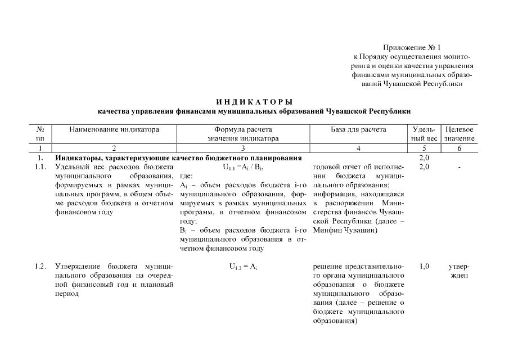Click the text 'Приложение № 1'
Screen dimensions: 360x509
pyautogui.click(x=412, y=48)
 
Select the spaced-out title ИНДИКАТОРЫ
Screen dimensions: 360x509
pyautogui.click(x=254, y=102)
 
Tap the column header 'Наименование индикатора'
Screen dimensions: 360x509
pyautogui.click(x=114, y=129)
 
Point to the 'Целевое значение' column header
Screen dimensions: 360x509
pyautogui.click(x=459, y=134)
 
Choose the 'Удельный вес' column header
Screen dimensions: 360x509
pyautogui.click(x=424, y=134)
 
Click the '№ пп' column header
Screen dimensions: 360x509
pyautogui.click(x=40, y=134)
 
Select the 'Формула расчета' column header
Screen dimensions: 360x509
pyautogui.click(x=243, y=129)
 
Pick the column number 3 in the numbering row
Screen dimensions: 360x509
pyautogui.click(x=243, y=147)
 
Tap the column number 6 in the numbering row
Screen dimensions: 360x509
pyautogui.click(x=459, y=147)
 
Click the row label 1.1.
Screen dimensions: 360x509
pyautogui.click(x=40, y=167)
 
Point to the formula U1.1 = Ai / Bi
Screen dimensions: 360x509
pyautogui.click(x=243, y=167)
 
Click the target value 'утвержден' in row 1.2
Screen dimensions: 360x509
pyautogui.click(x=460, y=271)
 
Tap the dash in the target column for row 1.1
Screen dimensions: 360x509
pyautogui.click(x=460, y=167)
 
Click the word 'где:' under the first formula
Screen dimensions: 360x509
pyautogui.click(x=186, y=176)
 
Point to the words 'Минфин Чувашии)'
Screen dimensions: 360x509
pyautogui.click(x=345, y=230)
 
